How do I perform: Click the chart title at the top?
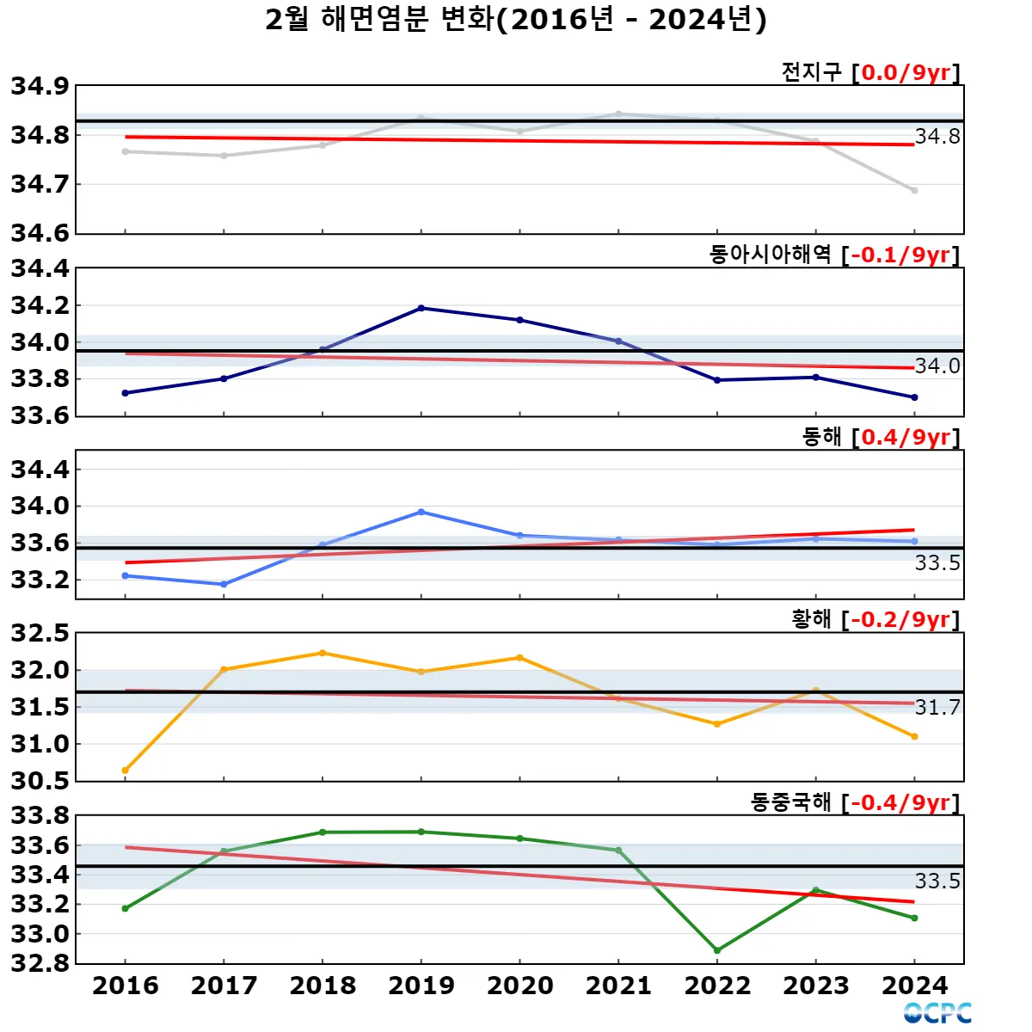point(516,19)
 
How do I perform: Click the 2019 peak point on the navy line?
point(421,308)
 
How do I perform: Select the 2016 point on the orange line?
point(126,771)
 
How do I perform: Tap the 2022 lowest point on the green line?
point(717,950)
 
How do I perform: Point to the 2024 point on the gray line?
point(914,190)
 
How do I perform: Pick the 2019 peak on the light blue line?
point(421,512)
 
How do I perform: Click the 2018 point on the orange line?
point(322,653)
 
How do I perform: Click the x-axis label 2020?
point(519,986)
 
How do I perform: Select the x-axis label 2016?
point(126,986)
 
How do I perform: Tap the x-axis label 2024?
point(914,986)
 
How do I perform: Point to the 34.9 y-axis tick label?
point(40,86)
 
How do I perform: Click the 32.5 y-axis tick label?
point(40,634)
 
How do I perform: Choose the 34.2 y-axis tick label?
point(40,305)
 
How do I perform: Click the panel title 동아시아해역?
point(770,255)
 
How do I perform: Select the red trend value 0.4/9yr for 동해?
point(906,437)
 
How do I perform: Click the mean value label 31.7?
point(937,708)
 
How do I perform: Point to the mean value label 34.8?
point(937,137)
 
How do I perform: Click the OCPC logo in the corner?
point(937,1013)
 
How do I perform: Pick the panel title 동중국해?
point(790,802)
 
